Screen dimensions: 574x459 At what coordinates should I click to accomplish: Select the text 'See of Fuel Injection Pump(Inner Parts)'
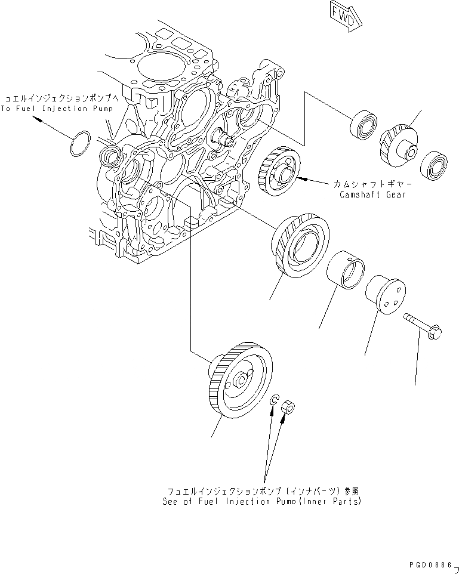[x=262, y=501]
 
